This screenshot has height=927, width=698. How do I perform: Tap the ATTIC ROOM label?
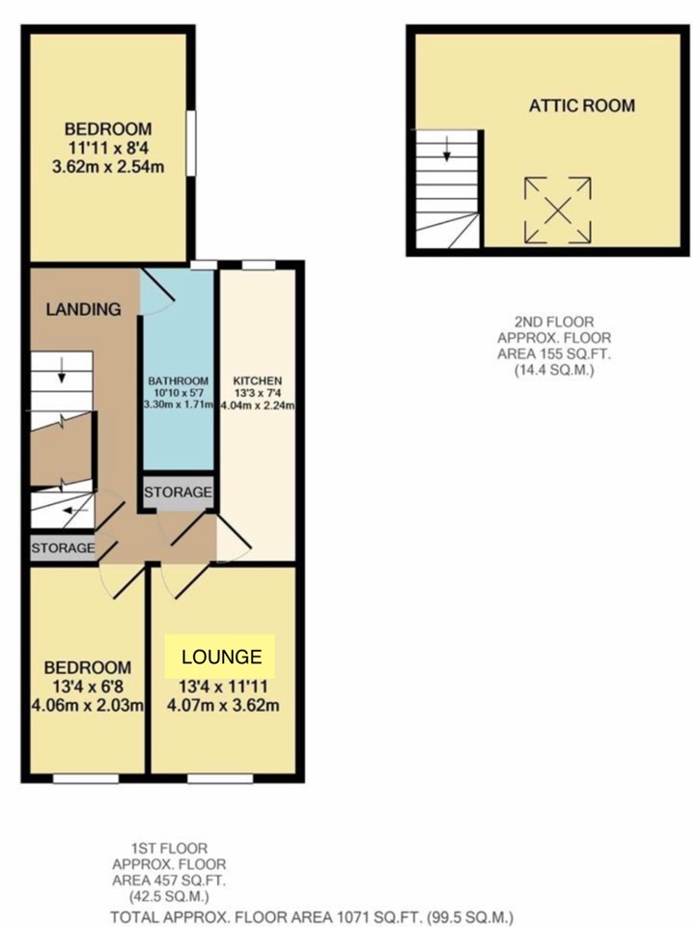tap(581, 105)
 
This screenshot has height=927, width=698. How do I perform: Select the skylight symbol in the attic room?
tap(557, 210)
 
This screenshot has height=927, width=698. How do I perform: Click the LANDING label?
tap(83, 310)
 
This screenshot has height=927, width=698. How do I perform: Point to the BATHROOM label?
tap(179, 381)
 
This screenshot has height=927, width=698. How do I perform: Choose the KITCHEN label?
tap(257, 381)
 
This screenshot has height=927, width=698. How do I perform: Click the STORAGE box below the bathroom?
tap(178, 492)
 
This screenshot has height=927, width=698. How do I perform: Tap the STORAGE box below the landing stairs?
tap(63, 548)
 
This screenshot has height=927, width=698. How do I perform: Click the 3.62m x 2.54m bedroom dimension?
tap(108, 166)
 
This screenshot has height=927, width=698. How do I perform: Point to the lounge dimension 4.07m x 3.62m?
tap(224, 704)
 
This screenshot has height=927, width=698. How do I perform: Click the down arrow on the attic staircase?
tap(448, 151)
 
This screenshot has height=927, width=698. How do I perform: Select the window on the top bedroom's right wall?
tap(191, 144)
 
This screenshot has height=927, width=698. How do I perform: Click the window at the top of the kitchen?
tap(257, 264)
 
